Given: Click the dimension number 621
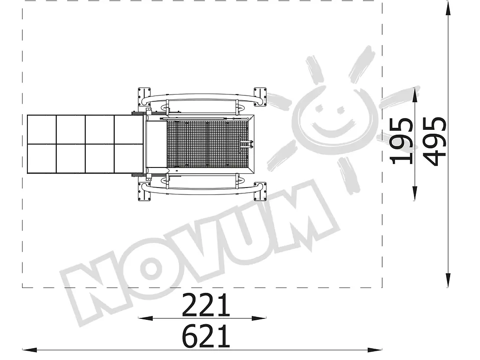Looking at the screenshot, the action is (206, 336).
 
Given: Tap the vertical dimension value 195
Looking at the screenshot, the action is (402, 141).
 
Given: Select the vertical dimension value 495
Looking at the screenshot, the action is (435, 141).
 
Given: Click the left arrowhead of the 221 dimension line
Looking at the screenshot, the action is (145, 318).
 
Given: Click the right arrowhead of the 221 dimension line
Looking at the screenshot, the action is (259, 318).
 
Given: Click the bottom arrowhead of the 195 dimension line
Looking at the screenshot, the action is (415, 194).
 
